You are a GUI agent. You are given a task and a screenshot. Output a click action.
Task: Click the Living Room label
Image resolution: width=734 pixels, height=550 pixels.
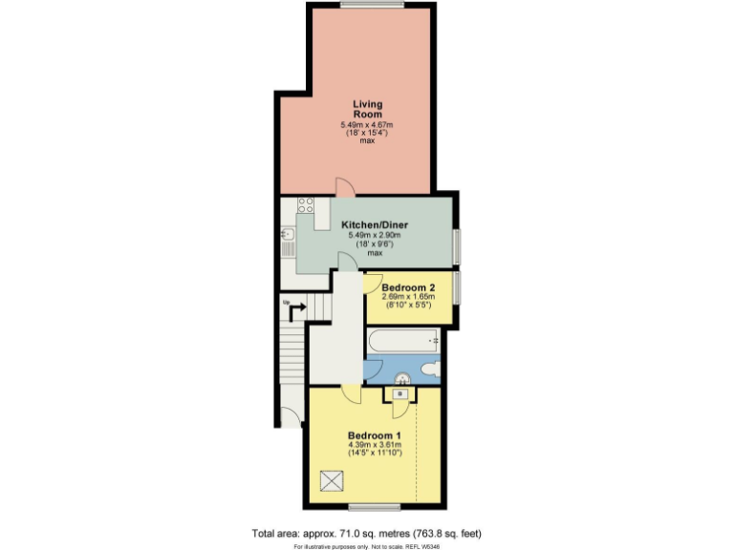coord(367,109)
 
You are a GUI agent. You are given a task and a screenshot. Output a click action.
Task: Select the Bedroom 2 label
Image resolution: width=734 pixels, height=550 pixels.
coord(408,288)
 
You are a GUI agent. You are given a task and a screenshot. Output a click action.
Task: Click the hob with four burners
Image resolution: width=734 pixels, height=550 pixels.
coord(307,204)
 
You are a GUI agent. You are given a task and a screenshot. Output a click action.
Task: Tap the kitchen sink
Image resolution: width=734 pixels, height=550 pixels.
coord(287,234)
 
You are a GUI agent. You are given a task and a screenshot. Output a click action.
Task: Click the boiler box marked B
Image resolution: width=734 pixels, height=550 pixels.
coord(399,393)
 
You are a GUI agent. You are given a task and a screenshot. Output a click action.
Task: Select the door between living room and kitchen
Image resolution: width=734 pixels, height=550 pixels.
coord(344,187)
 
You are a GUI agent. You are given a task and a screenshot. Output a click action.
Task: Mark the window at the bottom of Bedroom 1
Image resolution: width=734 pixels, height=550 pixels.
coord(374,503)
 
